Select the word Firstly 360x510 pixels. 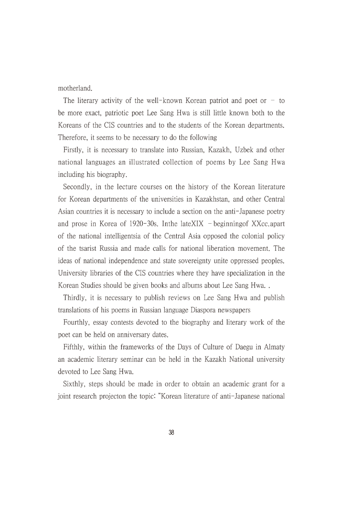pyautogui.click(x=75, y=150)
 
